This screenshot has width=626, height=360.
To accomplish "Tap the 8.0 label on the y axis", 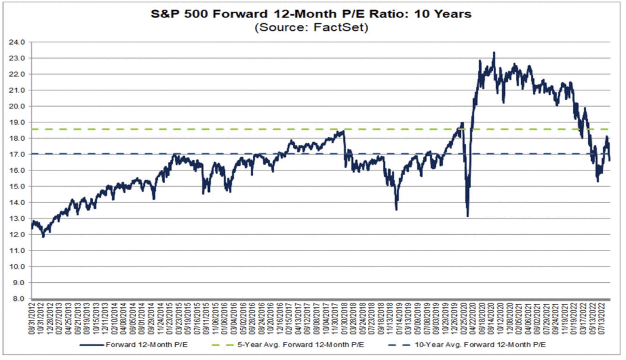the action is (19, 299).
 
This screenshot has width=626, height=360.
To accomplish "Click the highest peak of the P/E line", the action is (494, 52).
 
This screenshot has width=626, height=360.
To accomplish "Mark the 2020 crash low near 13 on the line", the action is (468, 216).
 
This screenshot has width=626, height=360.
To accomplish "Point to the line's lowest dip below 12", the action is (43, 237).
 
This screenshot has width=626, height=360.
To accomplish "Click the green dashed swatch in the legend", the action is (223, 344).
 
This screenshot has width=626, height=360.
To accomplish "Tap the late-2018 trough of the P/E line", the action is (396, 209).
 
